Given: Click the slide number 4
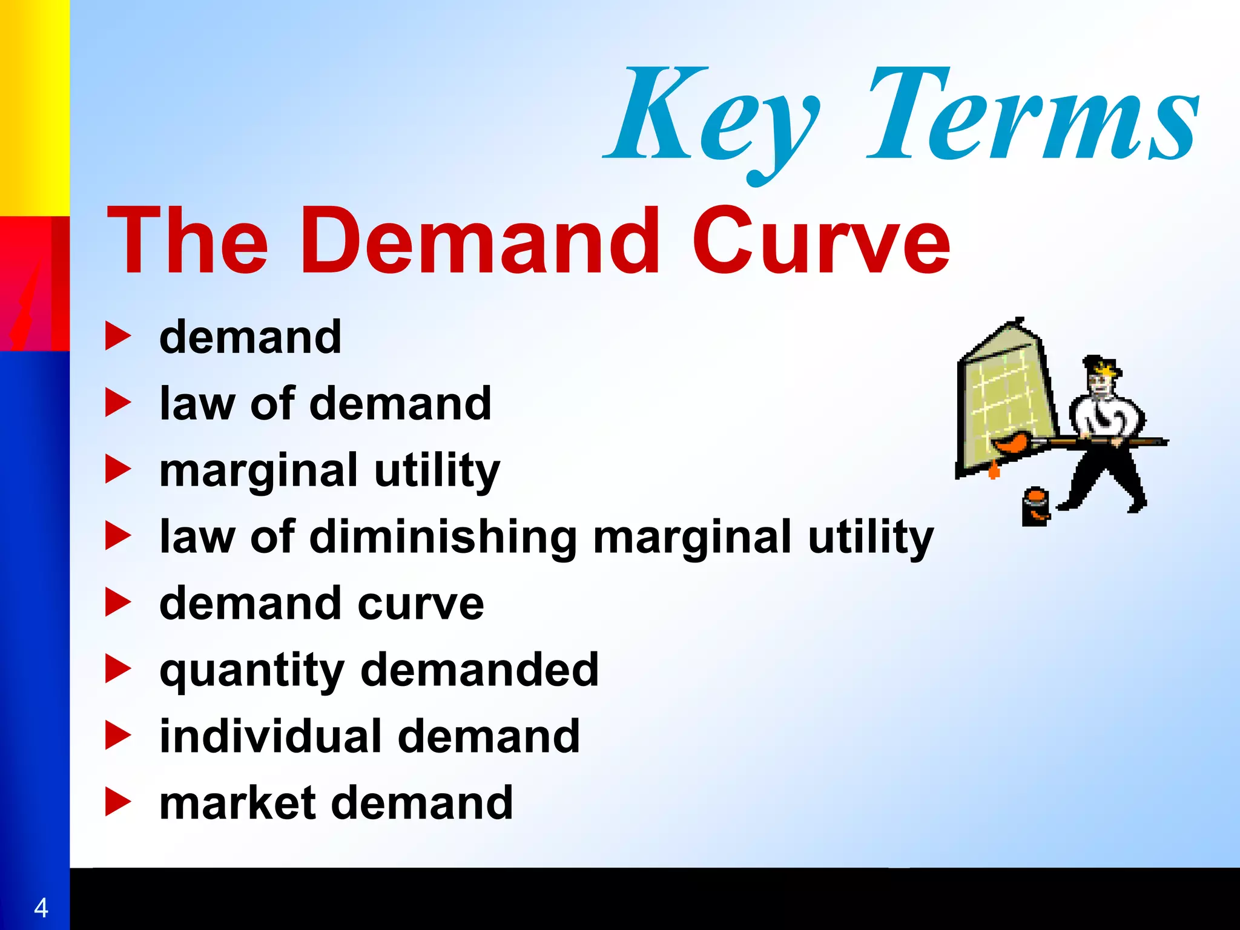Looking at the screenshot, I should pos(41,908).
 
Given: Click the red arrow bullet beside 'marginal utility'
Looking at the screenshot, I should pos(118,469).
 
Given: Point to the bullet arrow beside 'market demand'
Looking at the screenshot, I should pos(118,802).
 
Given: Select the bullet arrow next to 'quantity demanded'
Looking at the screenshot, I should pos(118,669).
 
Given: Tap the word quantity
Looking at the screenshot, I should pos(251,671).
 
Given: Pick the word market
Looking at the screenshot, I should pos(237,803).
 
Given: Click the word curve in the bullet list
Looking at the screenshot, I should pos(421,604).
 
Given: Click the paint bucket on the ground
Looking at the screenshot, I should pos(1035,507).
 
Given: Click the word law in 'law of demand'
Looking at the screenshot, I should pos(196,404).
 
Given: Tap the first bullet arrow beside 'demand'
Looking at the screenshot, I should pos(118,336).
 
